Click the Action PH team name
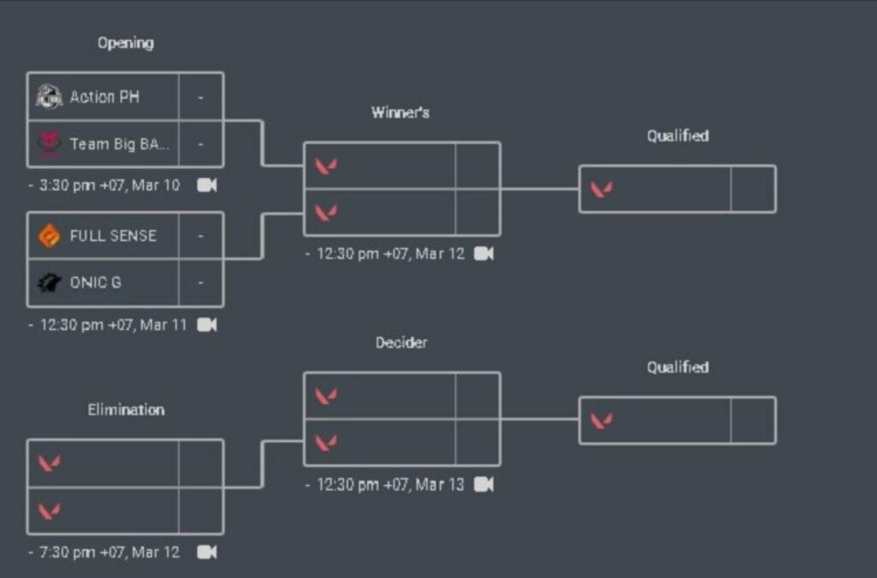tap(104, 97)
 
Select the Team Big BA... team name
tap(120, 144)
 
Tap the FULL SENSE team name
tap(113, 235)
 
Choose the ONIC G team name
tap(95, 282)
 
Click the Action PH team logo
tap(49, 97)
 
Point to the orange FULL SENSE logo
tap(50, 235)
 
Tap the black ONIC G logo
tap(50, 282)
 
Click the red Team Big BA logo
tap(50, 144)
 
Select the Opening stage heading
tap(125, 43)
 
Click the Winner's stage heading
tap(401, 112)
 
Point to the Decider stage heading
tap(401, 343)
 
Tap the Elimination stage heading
tap(126, 410)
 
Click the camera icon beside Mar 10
tap(207, 185)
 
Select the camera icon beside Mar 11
tap(207, 325)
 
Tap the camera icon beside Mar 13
tap(484, 485)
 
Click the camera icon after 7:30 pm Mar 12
tap(207, 552)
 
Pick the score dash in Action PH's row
tap(200, 97)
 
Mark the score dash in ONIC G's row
tap(200, 282)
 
